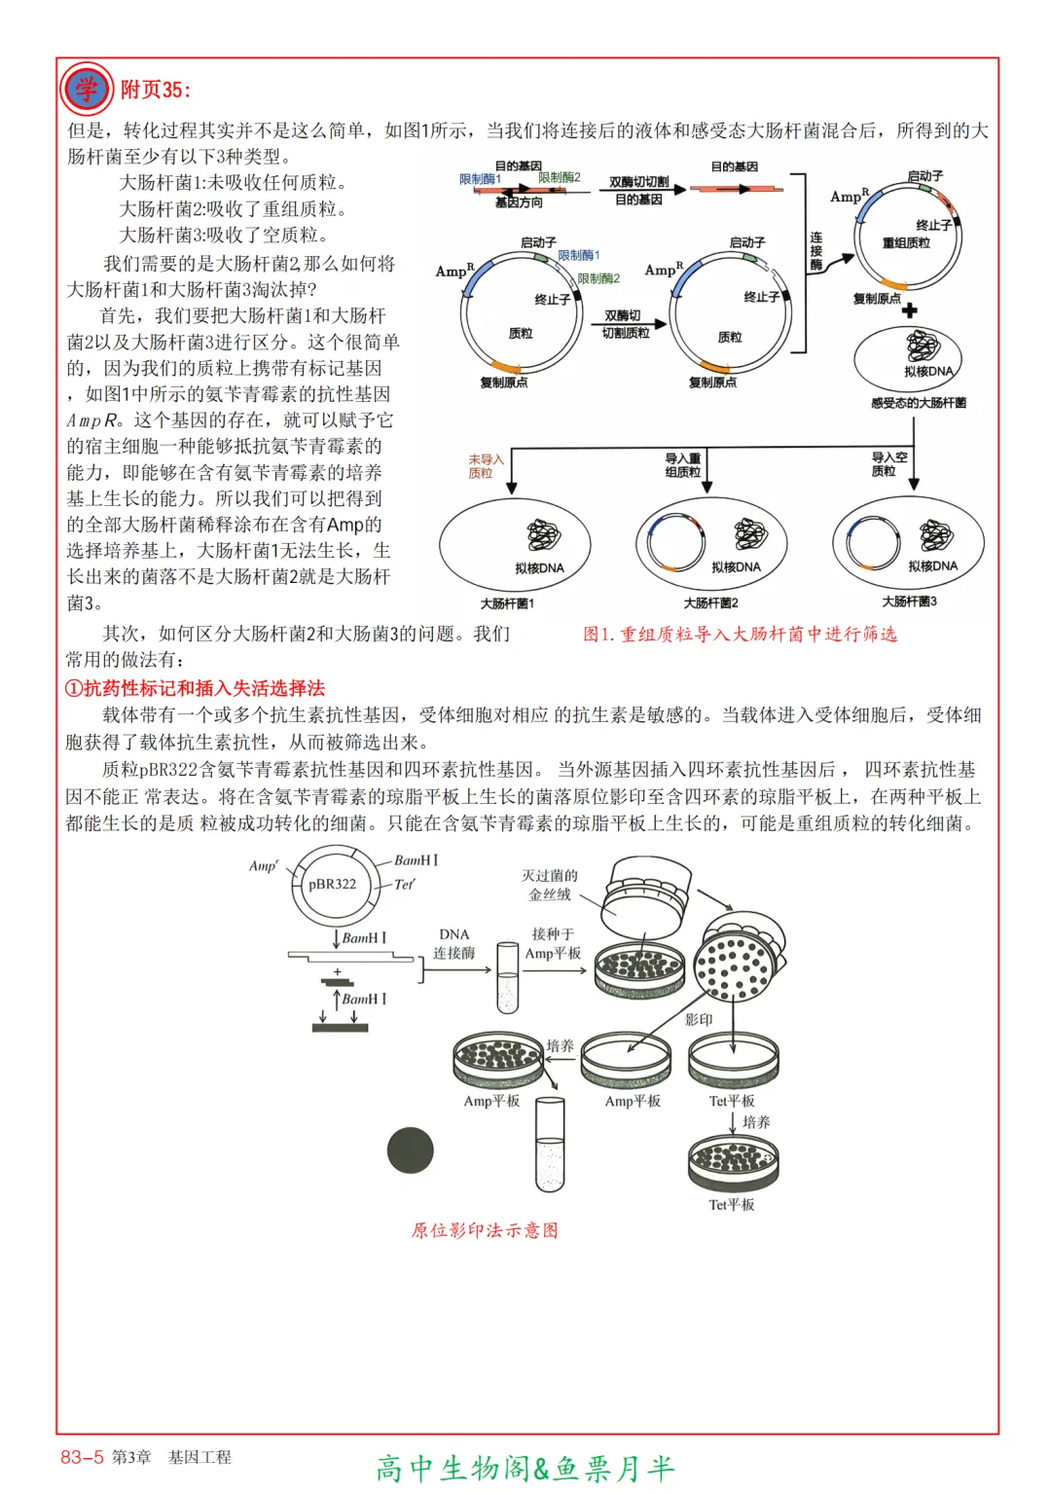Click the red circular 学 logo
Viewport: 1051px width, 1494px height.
[87, 90]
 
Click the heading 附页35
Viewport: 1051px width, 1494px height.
[155, 91]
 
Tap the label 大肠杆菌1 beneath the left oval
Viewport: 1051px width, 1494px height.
[507, 603]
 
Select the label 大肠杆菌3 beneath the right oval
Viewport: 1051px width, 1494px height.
[909, 601]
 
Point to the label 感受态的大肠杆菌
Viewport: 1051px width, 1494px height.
[919, 403]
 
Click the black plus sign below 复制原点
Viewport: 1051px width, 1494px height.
[909, 310]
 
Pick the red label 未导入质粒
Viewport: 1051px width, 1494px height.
[486, 466]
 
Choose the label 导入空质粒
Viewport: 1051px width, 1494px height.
[888, 464]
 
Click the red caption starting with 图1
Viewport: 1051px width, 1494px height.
[740, 635]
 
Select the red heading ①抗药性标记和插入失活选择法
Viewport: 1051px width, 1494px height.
[195, 689]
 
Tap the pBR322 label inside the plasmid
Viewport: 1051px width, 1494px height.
[332, 885]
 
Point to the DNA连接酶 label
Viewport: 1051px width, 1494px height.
[454, 944]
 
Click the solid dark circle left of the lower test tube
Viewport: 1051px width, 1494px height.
[411, 1150]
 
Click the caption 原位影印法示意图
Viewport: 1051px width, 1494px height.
[485, 1230]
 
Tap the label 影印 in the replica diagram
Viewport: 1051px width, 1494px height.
[699, 1020]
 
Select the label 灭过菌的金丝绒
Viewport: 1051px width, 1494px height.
[550, 886]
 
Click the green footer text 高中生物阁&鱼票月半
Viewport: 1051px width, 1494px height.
[525, 1468]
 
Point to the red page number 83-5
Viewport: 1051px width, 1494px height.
[82, 1457]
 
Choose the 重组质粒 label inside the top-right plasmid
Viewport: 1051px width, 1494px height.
[905, 243]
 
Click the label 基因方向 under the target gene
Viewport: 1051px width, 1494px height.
[519, 202]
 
